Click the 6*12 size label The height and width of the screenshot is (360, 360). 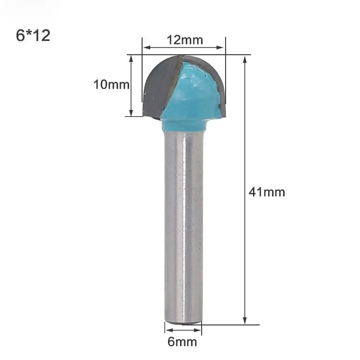point(33,36)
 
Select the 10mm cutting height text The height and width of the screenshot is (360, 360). point(111,85)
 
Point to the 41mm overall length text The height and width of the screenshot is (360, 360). point(267,192)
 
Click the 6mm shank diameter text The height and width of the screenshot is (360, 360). point(182,342)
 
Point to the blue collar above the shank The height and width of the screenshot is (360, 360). point(185,126)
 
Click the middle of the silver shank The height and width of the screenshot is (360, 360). point(183,226)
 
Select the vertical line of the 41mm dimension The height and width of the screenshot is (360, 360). point(245,144)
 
